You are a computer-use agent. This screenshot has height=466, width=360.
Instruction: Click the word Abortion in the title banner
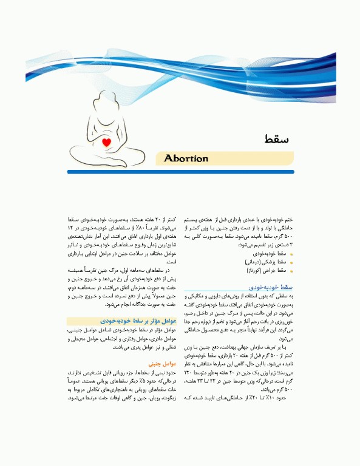(x=186, y=159)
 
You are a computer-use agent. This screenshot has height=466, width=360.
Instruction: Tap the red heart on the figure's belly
(x=107, y=143)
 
